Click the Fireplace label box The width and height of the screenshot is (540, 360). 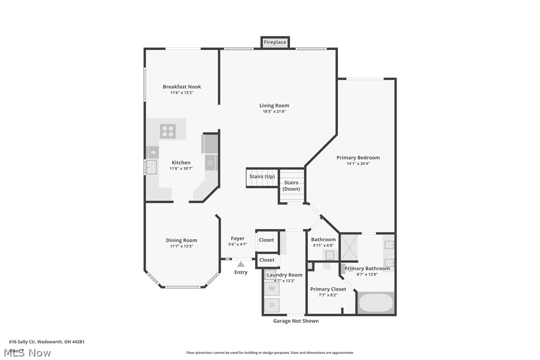[275, 42]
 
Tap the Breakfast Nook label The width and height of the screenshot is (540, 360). [181, 87]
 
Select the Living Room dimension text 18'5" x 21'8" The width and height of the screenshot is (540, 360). [274, 111]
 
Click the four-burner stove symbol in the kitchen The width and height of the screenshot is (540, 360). [168, 131]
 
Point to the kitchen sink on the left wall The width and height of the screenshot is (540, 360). [151, 167]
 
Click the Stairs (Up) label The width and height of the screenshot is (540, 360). [262, 177]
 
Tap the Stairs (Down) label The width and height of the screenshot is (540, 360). [291, 185]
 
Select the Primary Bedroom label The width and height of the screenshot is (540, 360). [358, 158]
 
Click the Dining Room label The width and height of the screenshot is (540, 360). [181, 240]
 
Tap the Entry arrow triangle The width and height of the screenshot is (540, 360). [241, 264]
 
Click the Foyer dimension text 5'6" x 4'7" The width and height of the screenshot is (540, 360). [237, 245]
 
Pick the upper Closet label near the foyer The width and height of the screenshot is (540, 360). [267, 240]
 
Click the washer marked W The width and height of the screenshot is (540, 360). [271, 288]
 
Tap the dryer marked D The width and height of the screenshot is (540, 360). [271, 305]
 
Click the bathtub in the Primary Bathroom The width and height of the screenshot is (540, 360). [376, 303]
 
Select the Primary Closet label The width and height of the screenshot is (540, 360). [328, 289]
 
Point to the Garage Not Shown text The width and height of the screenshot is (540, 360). [296, 321]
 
